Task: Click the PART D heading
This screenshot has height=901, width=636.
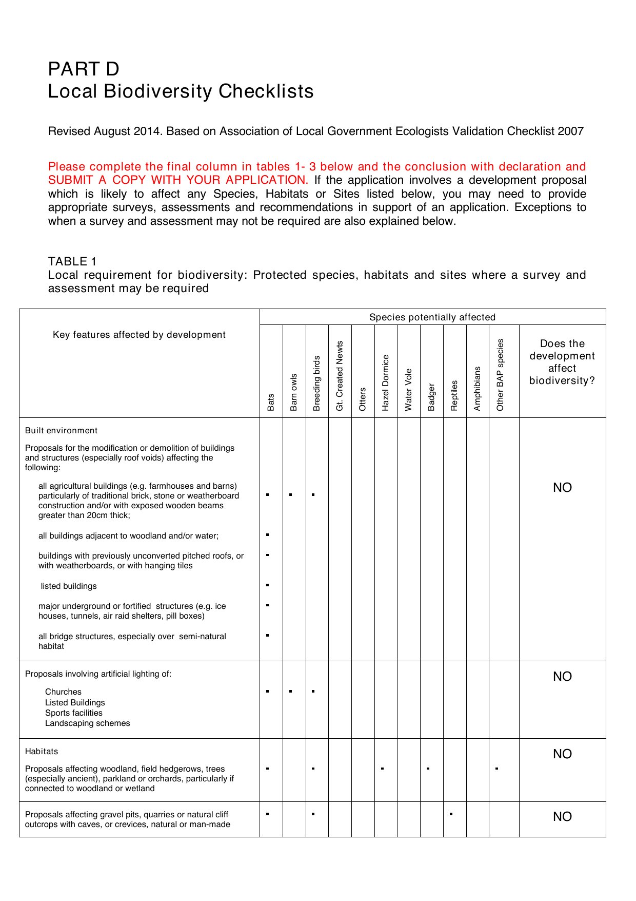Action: pyautogui.click(x=84, y=69)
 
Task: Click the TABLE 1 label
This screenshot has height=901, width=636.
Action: pyautogui.click(x=72, y=261)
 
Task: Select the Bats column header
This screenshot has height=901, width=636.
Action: pyautogui.click(x=271, y=402)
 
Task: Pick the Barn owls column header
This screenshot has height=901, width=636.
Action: pyautogui.click(x=294, y=392)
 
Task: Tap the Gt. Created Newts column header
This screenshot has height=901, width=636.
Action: pyautogui.click(x=340, y=376)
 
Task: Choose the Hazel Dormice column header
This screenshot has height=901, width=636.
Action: pyautogui.click(x=386, y=382)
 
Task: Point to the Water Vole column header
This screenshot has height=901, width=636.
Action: pyautogui.click(x=409, y=390)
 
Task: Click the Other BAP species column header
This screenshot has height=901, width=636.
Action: pyautogui.click(x=501, y=375)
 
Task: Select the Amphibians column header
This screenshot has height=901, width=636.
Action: pyautogui.click(x=478, y=389)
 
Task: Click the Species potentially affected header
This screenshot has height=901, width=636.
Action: pyautogui.click(x=432, y=317)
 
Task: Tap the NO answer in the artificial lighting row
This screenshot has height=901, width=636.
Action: pyautogui.click(x=562, y=677)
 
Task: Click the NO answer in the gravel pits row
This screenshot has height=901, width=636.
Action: pyautogui.click(x=562, y=817)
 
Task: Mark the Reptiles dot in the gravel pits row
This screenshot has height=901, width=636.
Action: pyautogui.click(x=451, y=814)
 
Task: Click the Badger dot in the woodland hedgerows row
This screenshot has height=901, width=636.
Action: pyautogui.click(x=428, y=769)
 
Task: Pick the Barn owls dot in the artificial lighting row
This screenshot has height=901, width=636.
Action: pyautogui.click(x=290, y=692)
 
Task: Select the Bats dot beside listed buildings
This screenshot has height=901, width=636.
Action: pyautogui.click(x=268, y=585)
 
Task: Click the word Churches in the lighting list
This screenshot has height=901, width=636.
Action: pyautogui.click(x=63, y=692)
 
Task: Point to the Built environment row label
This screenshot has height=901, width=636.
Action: pyautogui.click(x=61, y=431)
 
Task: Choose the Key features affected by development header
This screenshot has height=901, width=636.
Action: pyautogui.click(x=139, y=335)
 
